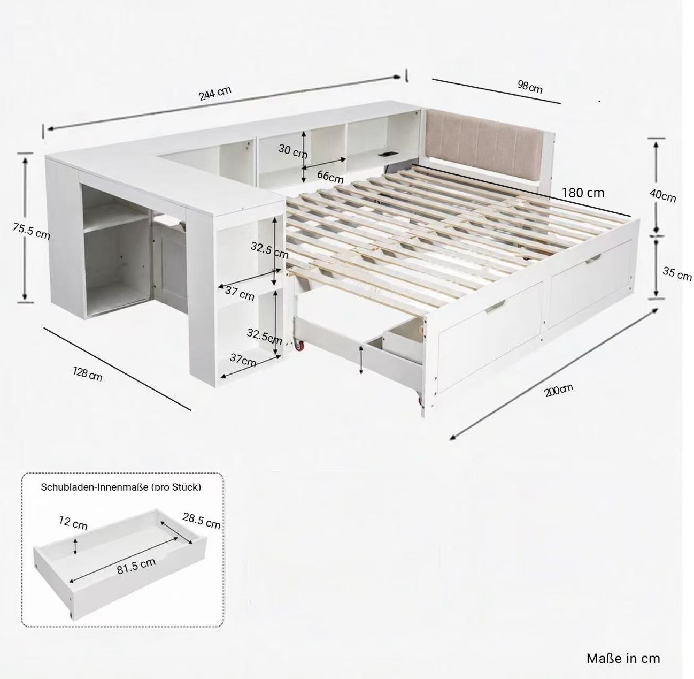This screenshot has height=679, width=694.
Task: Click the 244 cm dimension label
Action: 215,94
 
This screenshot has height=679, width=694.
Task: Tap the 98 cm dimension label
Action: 530,87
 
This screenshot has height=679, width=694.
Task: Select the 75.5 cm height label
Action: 32,231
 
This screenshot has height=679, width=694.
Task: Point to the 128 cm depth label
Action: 87,375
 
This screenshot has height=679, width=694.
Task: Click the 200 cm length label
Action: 559,390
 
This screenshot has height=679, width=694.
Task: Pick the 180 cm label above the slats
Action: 583,193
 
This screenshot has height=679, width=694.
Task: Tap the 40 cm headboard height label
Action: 662,195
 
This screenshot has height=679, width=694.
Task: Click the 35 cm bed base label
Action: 677,274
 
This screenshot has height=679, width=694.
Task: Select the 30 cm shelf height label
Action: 293,151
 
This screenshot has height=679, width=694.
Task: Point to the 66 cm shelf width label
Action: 330,177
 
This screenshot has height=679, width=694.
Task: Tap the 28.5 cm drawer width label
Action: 202,521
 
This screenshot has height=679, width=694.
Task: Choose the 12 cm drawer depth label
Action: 73,523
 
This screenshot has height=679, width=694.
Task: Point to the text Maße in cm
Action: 623,658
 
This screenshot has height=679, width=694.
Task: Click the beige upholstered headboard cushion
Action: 483,140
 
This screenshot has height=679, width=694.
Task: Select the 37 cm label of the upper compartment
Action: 240,293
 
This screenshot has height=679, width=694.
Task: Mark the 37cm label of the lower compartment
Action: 243,360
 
